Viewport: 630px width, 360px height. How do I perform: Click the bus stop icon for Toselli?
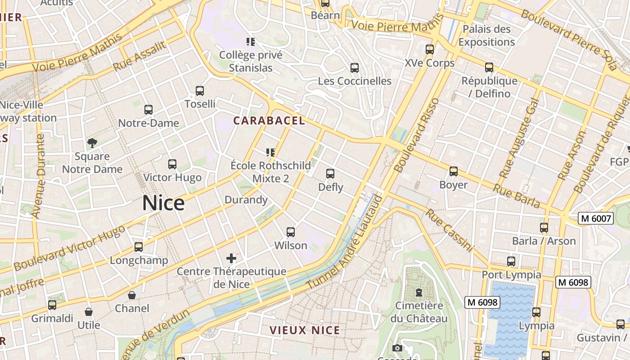point(200,91)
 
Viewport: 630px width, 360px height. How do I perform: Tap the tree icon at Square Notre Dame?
point(92,143)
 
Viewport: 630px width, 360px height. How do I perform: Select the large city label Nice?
point(163,203)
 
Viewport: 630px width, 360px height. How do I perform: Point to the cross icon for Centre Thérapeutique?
point(231,258)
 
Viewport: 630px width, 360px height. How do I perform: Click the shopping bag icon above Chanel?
point(132,295)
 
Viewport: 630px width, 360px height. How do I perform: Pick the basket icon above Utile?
point(89,312)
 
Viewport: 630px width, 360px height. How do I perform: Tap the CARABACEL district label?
point(269,121)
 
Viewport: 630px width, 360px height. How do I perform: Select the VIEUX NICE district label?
point(305,330)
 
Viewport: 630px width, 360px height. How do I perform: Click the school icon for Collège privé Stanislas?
point(251,42)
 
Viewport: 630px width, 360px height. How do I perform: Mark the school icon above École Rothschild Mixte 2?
point(270,152)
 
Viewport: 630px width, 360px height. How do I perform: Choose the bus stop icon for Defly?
point(330,173)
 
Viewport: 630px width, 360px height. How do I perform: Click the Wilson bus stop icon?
point(291,232)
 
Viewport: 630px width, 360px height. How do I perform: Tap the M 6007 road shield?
point(596,219)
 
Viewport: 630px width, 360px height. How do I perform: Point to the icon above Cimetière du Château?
point(419,292)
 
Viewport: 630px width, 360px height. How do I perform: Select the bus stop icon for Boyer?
point(454,171)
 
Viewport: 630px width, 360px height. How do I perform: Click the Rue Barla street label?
point(517,196)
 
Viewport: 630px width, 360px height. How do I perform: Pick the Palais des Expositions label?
point(486,36)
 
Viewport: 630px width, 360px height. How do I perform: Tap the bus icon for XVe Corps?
point(430,49)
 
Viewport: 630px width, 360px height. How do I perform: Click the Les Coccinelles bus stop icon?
point(355,68)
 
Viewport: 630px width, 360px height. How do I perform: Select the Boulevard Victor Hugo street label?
point(69,248)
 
